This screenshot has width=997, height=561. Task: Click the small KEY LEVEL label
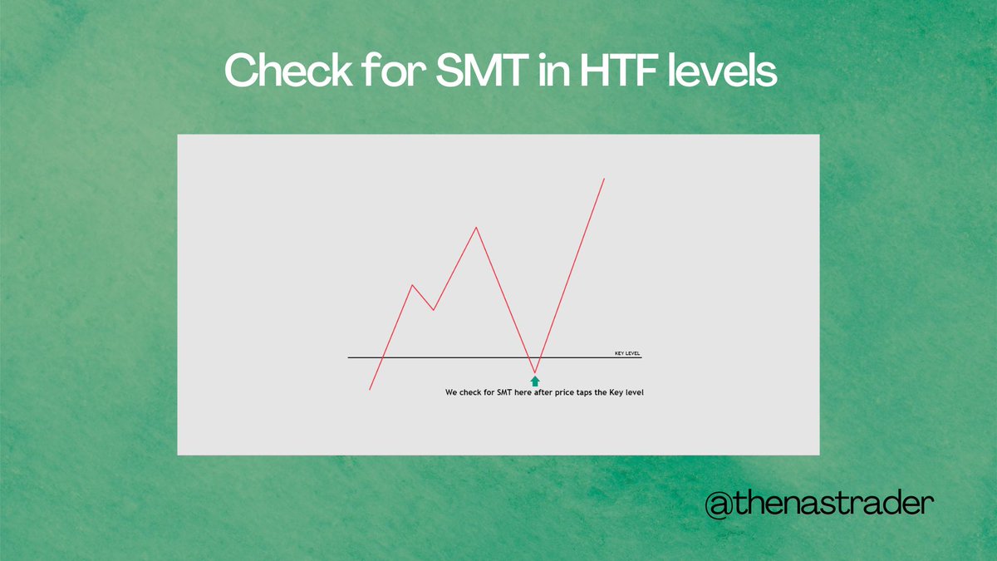[627, 353]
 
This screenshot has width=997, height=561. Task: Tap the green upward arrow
[535, 381]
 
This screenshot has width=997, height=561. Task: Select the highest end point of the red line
[604, 178]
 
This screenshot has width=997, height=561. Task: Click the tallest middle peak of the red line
[476, 227]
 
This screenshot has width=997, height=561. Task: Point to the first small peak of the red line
[412, 285]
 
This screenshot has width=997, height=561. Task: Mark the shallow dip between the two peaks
[434, 310]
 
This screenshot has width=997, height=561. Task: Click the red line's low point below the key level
[535, 372]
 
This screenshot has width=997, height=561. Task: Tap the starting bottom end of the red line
[370, 389]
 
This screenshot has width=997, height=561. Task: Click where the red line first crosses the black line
[381, 357]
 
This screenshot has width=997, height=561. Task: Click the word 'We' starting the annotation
[451, 392]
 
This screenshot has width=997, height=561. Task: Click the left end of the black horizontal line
[349, 357]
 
